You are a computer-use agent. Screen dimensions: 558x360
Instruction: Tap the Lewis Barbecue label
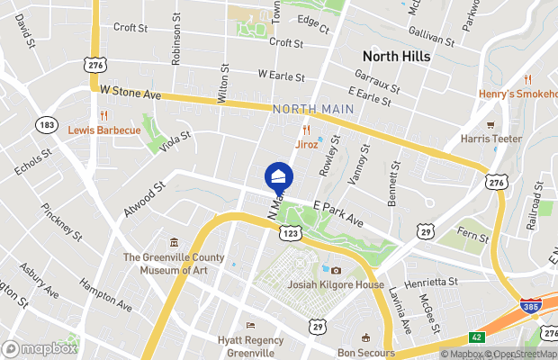[x=104, y=130]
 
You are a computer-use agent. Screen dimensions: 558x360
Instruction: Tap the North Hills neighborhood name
[x=396, y=56]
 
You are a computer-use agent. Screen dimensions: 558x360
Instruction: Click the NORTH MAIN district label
[x=312, y=109]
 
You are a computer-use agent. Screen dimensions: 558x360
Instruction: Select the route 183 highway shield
[x=47, y=124]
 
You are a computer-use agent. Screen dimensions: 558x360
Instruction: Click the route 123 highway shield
[x=290, y=233]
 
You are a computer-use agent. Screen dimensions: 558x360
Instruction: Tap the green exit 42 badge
[x=477, y=337]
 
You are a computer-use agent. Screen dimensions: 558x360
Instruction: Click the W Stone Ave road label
[x=130, y=93]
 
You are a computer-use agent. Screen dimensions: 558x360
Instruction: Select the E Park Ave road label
[x=337, y=214]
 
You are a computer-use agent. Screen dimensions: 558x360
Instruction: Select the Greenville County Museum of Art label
[x=174, y=263]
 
